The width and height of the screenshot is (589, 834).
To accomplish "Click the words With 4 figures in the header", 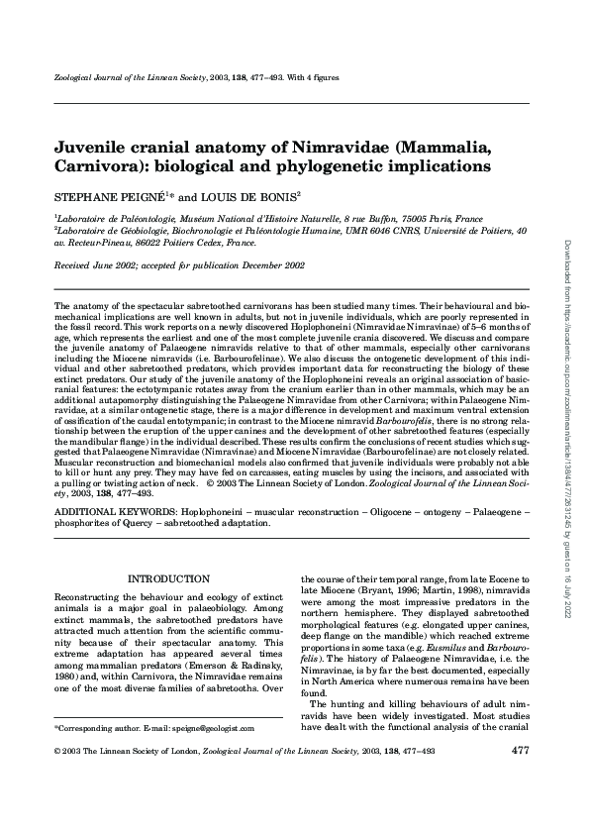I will [x=313, y=76].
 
